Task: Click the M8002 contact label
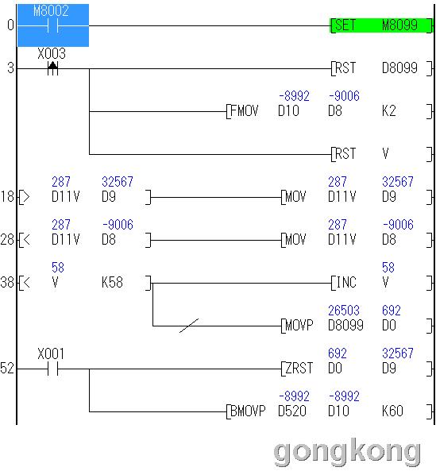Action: click(51, 11)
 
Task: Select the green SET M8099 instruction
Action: click(381, 25)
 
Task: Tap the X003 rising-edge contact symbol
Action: click(52, 68)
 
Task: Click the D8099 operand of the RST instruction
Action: click(399, 68)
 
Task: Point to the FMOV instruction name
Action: click(244, 111)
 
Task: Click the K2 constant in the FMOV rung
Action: click(389, 111)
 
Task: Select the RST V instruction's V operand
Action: click(385, 154)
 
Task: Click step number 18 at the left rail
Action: click(8, 197)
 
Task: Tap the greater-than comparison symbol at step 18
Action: click(27, 197)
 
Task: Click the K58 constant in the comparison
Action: click(112, 283)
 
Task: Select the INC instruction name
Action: click(346, 283)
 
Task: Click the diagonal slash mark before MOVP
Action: click(189, 326)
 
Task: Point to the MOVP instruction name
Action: click(299, 326)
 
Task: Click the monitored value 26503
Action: click(344, 311)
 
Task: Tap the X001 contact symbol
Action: click(52, 369)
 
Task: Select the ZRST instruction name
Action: click(299, 369)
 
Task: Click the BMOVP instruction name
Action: click(248, 411)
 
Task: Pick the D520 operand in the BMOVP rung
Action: click(292, 411)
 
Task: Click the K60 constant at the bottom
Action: click(392, 411)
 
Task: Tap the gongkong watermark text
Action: click(347, 452)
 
